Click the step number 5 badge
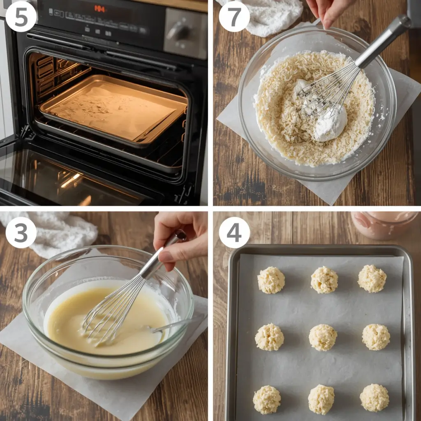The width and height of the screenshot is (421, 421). coord(21,16)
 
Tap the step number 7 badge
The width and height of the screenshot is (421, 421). coord(234,16)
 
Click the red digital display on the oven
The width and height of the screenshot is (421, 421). coord(99,8)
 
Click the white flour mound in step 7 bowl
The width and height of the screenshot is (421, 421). coord(331,123)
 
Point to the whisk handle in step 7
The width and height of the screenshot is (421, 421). coord(384,39)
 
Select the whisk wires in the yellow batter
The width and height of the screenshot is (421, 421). coord(109,312)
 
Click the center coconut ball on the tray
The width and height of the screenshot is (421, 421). coord(323,338)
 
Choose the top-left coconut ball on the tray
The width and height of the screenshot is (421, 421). coord(271,280)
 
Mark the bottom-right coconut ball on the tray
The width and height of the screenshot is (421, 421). coord(374,398)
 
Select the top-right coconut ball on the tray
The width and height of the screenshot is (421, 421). coord(372,278)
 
